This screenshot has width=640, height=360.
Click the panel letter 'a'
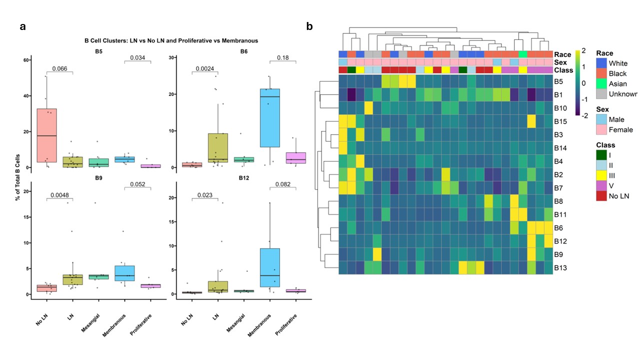[22, 26]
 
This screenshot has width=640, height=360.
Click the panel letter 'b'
[309, 26]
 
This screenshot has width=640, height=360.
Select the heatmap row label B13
[561, 268]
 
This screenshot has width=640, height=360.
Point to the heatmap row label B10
[561, 108]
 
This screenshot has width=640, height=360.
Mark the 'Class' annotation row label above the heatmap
[563, 70]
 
